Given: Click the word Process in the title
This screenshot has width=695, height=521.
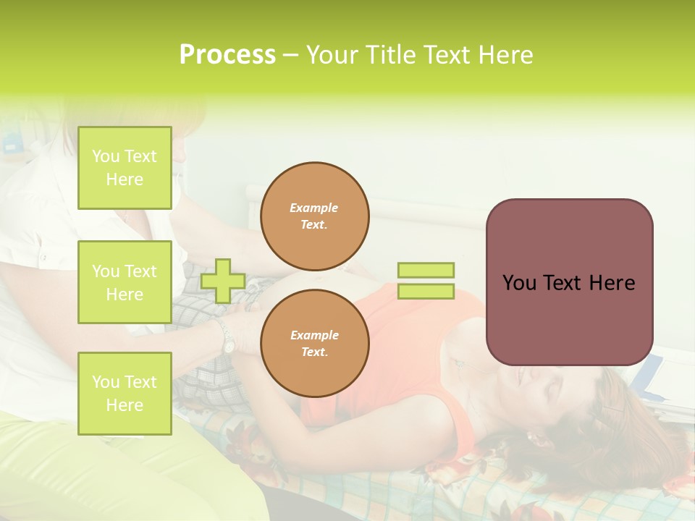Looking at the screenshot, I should point(227,55).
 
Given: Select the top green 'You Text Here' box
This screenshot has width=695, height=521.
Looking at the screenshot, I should point(125,168).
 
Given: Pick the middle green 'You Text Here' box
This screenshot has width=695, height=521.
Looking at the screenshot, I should point(125,282).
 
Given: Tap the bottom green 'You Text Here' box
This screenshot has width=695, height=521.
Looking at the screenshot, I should point(125,394).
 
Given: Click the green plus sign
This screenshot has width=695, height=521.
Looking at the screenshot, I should point(223,281).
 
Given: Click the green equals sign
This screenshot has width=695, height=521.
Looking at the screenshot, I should point(426,281).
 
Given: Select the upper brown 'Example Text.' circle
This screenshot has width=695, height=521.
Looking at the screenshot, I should point(314,216).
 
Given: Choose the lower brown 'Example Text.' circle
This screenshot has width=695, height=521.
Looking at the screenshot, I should point(314,344).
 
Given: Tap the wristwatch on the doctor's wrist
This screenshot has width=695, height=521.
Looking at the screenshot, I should point(227,337).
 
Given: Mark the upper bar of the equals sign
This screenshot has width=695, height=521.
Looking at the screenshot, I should point(426,271).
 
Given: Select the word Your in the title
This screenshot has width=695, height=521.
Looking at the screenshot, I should point(331,55).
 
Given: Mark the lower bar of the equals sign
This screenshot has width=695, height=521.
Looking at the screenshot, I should point(426,292).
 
